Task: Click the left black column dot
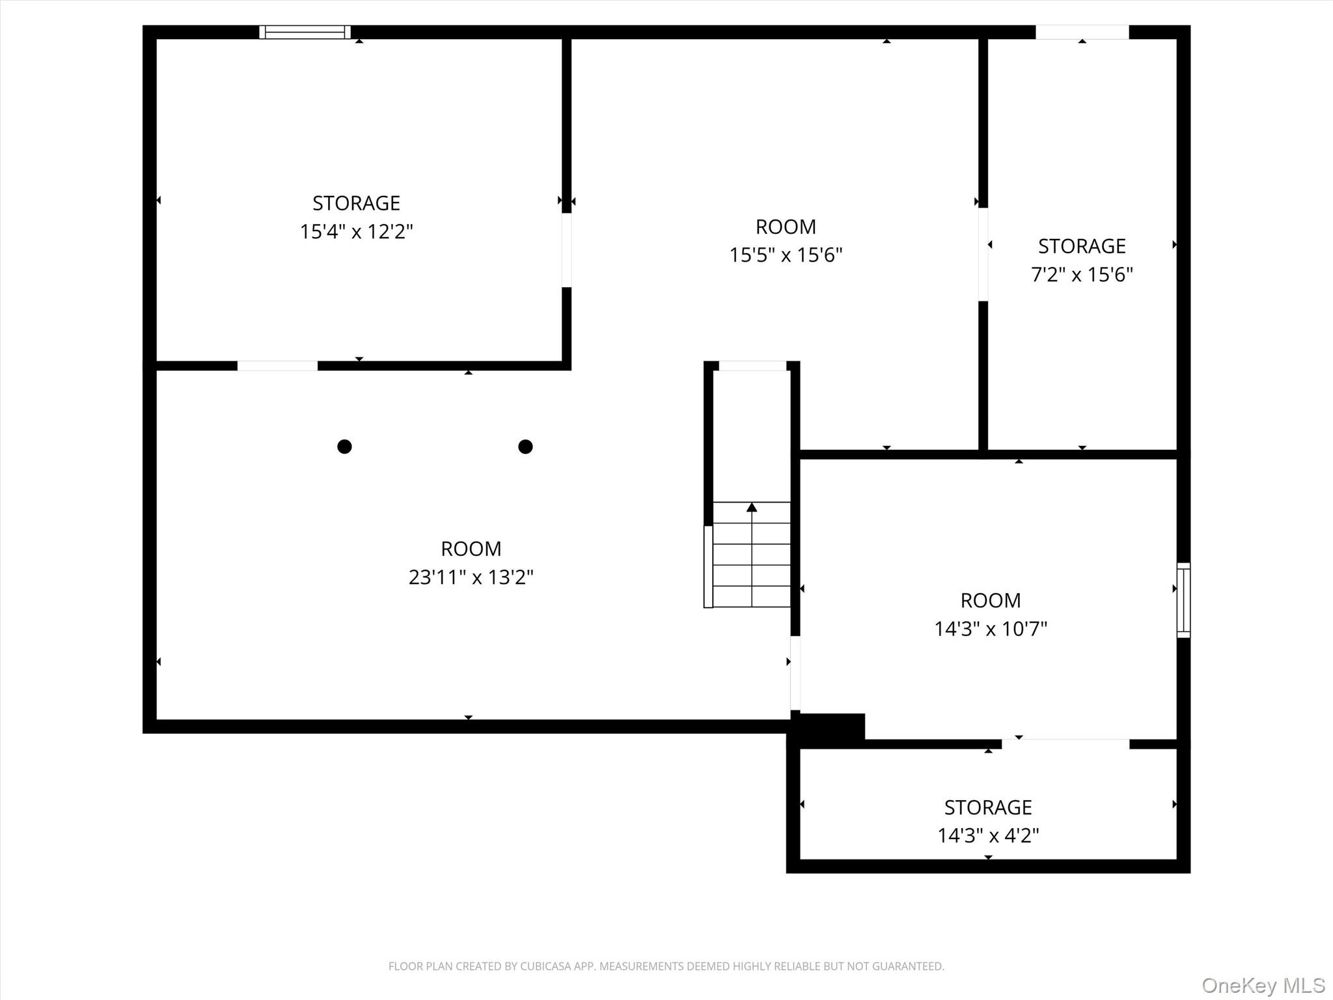[344, 447]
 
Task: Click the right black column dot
[525, 447]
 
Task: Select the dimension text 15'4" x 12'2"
[357, 232]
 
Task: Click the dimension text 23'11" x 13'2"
[471, 577]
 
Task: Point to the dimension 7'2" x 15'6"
[1082, 275]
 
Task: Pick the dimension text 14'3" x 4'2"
[988, 835]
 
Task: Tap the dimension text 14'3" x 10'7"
[991, 629]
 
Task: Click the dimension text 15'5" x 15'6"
[786, 255]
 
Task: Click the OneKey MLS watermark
[1263, 986]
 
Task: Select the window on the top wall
[305, 32]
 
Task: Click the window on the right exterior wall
[1184, 600]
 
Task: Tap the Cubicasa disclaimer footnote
[666, 966]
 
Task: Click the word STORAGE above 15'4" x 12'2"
[356, 203]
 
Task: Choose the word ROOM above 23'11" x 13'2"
[471, 549]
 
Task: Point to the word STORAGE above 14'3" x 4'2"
[988, 807]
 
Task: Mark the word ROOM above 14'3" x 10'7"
[991, 600]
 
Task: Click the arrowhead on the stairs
[752, 507]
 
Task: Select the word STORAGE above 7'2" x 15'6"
[1082, 246]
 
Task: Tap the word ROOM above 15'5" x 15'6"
[786, 227]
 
